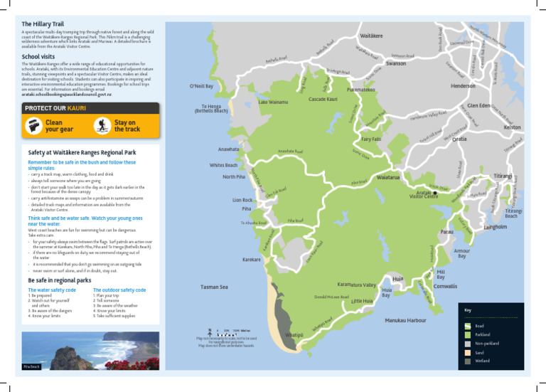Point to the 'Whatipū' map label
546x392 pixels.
point(294,335)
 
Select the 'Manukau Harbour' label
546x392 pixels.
point(405,321)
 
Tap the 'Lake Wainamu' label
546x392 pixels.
point(274,102)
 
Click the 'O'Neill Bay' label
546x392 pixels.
point(200,86)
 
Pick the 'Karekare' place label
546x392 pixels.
point(252,260)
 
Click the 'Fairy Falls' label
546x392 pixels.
point(371,139)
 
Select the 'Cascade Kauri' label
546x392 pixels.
point(323,99)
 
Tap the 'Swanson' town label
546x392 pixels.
point(396,64)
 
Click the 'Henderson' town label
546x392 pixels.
point(464,86)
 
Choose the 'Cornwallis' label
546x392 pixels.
point(446,286)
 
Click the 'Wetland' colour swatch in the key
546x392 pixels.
point(467,361)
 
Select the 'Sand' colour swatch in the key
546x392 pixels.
point(467,352)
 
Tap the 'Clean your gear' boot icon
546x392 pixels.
point(33,126)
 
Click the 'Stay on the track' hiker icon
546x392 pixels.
point(102,126)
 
